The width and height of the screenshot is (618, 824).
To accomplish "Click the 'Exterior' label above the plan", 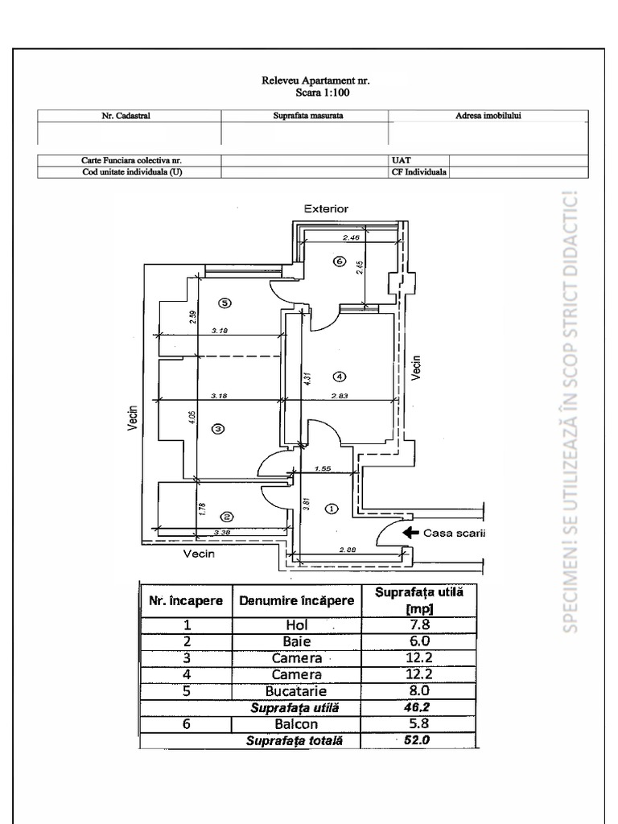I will click(x=326, y=208).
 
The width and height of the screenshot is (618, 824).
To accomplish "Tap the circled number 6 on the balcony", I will click(x=339, y=262).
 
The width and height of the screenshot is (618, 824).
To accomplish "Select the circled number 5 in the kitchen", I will click(x=225, y=303).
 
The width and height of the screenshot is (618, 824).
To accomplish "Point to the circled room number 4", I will click(x=340, y=376).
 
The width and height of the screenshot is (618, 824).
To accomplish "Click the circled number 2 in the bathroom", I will click(x=228, y=517).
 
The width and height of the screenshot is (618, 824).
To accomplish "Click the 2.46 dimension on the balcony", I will click(x=350, y=237).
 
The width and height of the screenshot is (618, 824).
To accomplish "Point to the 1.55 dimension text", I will click(x=323, y=468).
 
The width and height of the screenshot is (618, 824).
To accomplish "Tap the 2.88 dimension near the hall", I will click(x=348, y=549).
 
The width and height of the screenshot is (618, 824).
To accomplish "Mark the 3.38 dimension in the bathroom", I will click(x=223, y=532).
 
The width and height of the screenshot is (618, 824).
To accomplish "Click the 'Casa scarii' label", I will click(x=454, y=533).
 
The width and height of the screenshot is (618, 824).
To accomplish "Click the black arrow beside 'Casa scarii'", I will click(x=410, y=532).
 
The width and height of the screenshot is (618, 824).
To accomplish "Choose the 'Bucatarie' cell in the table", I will click(x=296, y=690).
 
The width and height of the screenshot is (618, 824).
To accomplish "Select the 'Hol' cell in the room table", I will click(x=296, y=624).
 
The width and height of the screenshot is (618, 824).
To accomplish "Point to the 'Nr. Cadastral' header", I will click(x=126, y=116).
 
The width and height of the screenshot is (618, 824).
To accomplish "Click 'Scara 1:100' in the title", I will click(x=317, y=93).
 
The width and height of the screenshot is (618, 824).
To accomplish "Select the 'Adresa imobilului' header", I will click(x=488, y=116).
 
